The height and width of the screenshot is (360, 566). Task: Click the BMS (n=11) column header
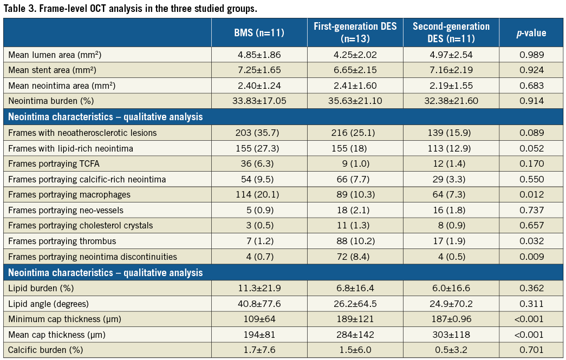pos(259,33)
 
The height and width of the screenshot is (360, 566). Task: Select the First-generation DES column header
pos(355,32)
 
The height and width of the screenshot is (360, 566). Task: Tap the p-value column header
pos(531,33)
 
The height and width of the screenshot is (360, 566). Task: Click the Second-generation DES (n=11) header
pos(451,32)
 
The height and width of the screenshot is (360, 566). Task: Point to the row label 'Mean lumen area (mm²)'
pos(55,55)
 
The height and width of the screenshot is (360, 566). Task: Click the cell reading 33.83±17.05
pos(259,101)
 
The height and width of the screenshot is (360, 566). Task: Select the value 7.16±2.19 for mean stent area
pos(451,70)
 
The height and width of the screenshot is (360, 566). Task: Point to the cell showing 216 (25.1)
pos(355,132)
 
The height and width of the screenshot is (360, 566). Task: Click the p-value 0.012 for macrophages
pos(531,194)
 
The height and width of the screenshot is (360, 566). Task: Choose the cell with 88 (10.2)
pos(355,241)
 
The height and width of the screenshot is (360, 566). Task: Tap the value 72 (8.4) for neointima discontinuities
pos(355,257)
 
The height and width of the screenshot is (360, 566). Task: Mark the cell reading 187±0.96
pos(451,319)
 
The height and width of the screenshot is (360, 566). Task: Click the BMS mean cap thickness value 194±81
pos(259,335)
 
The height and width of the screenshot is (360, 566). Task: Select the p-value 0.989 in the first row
pos(531,55)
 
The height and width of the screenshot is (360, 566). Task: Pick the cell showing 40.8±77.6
pos(259,304)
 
